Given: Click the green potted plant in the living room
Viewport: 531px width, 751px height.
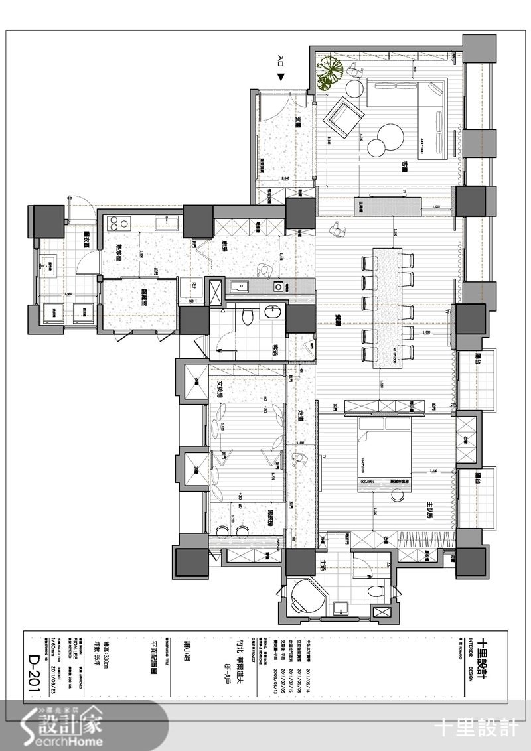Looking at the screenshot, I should tap(329, 71).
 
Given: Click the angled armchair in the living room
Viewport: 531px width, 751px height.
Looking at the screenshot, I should tap(341, 117).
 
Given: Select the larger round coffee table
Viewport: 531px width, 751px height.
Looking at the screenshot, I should tap(389, 136).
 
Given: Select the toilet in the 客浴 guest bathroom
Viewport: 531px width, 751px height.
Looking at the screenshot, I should tap(247, 316).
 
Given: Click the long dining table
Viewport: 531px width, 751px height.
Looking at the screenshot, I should tap(388, 308).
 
